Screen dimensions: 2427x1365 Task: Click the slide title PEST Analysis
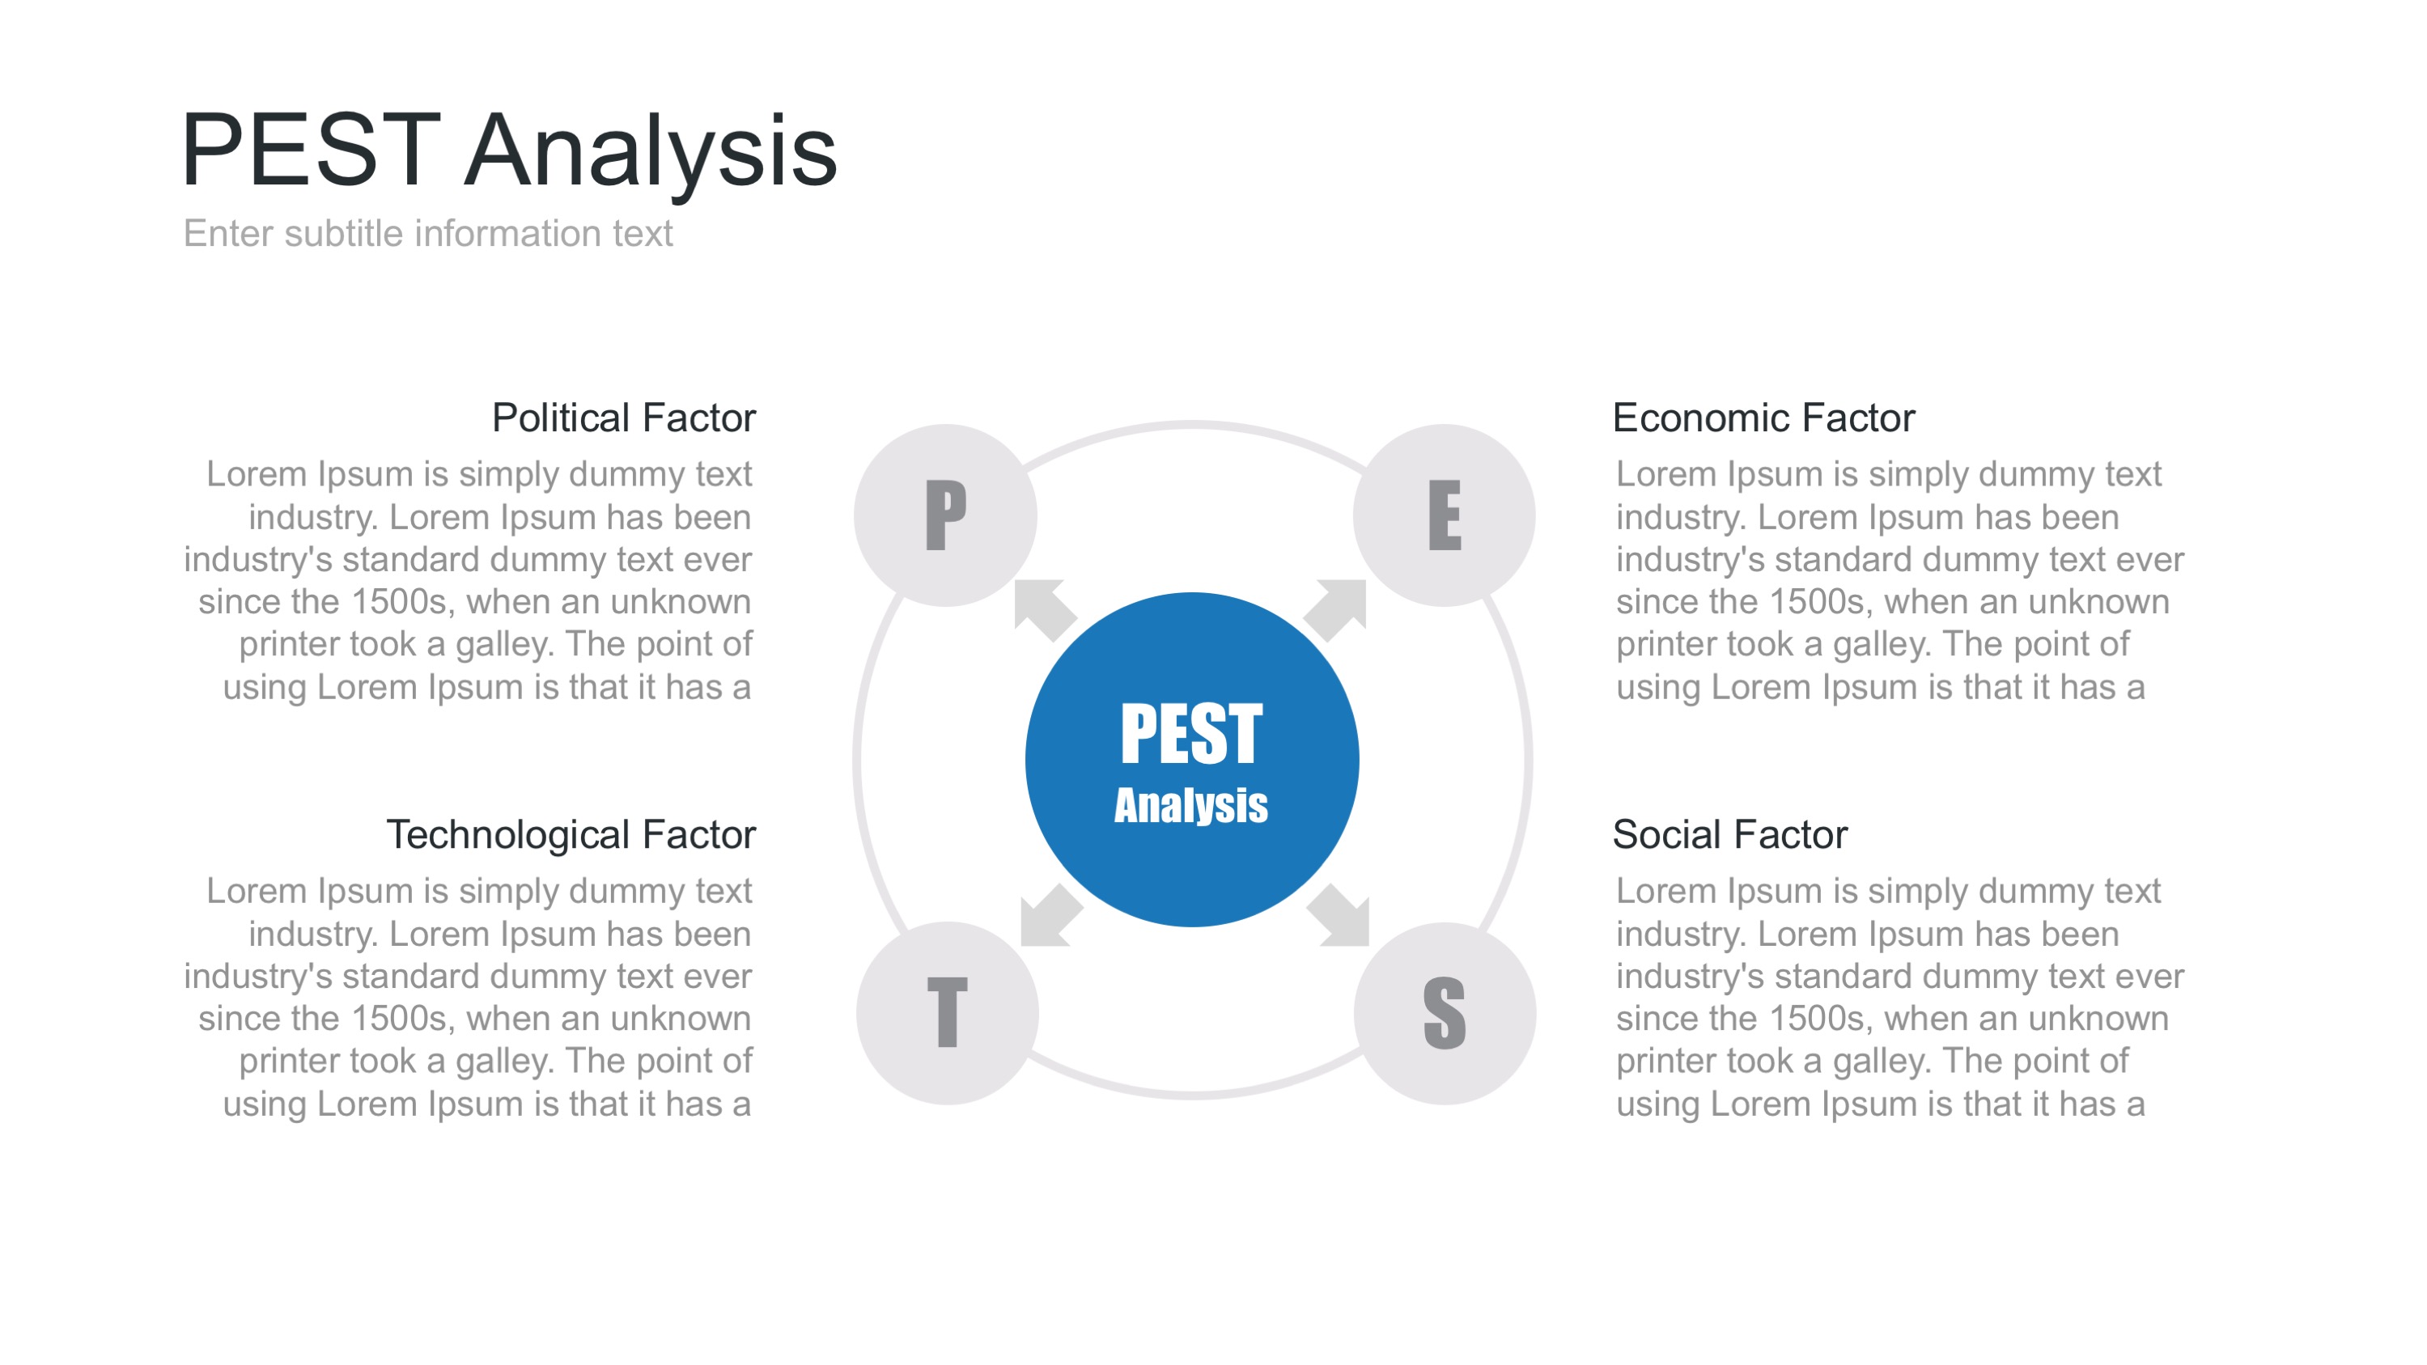pyautogui.click(x=509, y=150)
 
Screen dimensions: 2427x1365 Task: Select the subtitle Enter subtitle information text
pyautogui.click(x=428, y=234)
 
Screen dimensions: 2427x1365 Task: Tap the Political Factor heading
pyautogui.click(x=624, y=418)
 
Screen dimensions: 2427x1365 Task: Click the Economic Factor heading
pyautogui.click(x=1763, y=418)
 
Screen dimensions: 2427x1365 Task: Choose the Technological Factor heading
pyautogui.click(x=571, y=835)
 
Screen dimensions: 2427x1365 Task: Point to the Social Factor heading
pyautogui.click(x=1729, y=835)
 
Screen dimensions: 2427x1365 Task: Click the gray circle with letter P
pyautogui.click(x=946, y=515)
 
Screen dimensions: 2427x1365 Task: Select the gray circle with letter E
pyautogui.click(x=1445, y=515)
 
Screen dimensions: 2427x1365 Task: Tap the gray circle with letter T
pyautogui.click(x=948, y=1014)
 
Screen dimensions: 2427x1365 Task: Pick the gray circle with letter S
pyautogui.click(x=1445, y=1014)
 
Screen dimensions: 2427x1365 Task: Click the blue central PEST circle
pyautogui.click(x=1192, y=759)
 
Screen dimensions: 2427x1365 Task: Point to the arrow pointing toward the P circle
pyautogui.click(x=1044, y=609)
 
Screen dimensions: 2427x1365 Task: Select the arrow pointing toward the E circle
pyautogui.click(x=1336, y=609)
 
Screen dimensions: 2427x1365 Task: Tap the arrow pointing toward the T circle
pyautogui.click(x=1051, y=914)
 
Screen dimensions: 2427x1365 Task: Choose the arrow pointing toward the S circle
pyautogui.click(x=1339, y=914)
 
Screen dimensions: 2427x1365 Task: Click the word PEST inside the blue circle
pyautogui.click(x=1191, y=734)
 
